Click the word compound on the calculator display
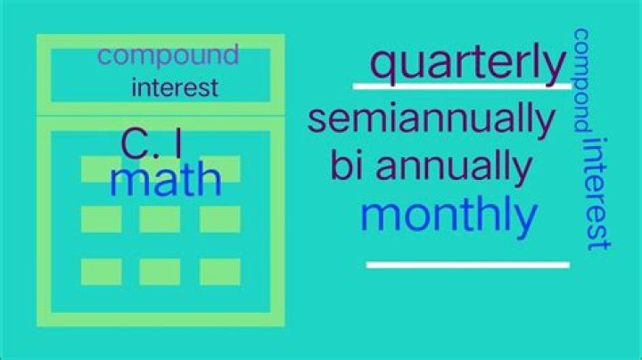point(169,56)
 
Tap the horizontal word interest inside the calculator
point(175,87)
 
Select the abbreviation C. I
point(152,143)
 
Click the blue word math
point(166,179)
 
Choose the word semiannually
point(432,119)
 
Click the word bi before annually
point(346,165)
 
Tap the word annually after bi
point(454,168)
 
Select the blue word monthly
point(449,216)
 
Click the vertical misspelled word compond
point(581,80)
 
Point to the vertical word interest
point(597,193)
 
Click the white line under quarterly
point(462,86)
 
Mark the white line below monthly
point(468,265)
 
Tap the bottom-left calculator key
point(102,272)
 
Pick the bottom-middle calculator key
point(160,272)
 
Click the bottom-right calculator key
point(220,272)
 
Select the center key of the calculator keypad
point(160,219)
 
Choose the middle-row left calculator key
point(102,219)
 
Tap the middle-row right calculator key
point(220,219)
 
